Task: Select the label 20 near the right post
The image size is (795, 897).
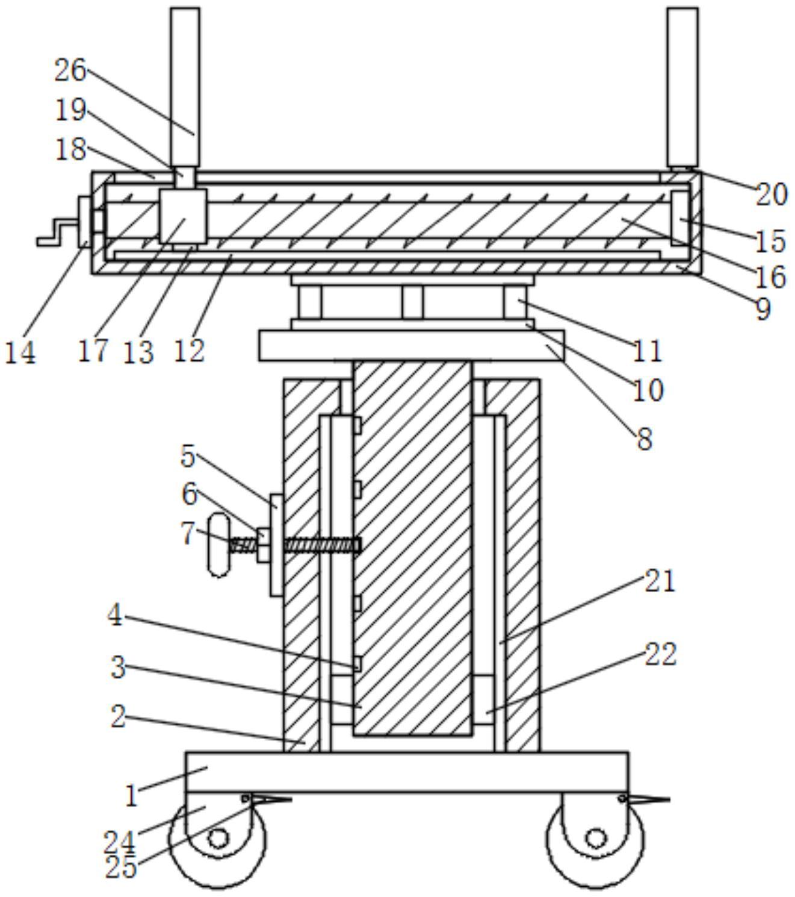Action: [771, 195]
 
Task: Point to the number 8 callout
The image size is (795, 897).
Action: [645, 439]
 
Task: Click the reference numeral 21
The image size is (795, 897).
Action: [660, 581]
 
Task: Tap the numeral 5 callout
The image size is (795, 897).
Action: [188, 457]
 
